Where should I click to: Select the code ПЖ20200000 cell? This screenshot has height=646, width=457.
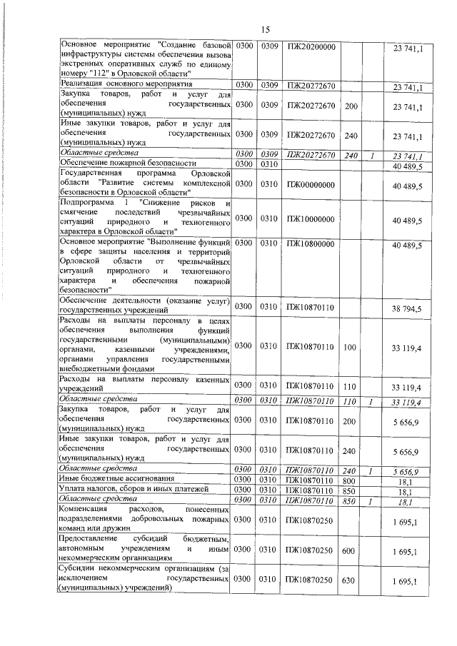click(x=311, y=47)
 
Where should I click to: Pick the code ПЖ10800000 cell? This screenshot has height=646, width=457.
click(x=311, y=245)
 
